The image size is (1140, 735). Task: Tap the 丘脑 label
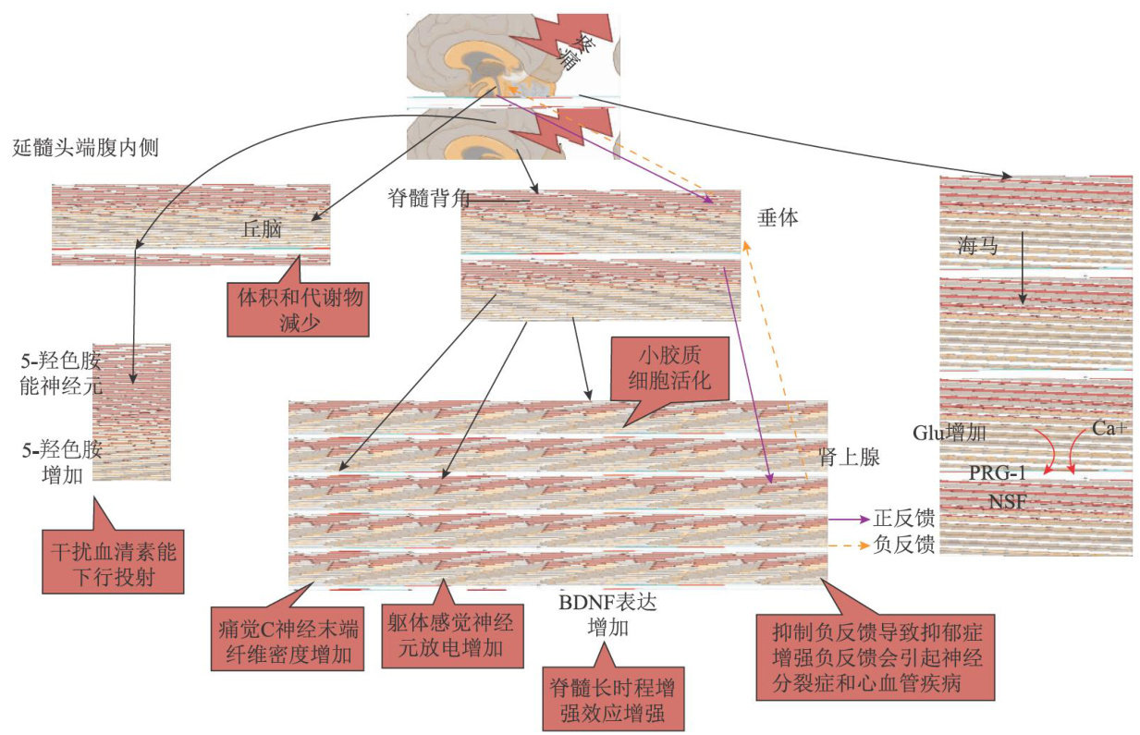(262, 230)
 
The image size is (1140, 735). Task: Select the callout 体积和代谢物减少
(297, 309)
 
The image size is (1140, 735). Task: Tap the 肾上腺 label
(848, 457)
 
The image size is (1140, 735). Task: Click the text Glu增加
(951, 432)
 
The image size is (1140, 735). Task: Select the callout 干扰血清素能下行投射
(113, 565)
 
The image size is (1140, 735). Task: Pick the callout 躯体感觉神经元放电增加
(448, 636)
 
